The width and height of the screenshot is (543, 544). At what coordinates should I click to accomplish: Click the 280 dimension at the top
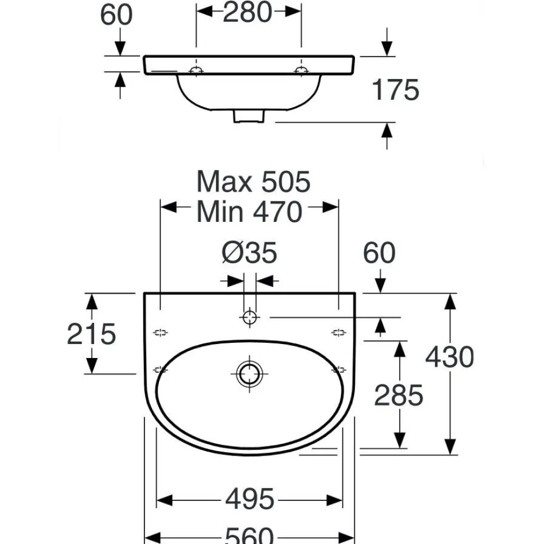pos(247,12)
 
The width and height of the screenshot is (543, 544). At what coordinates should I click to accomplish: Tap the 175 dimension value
pos(395,90)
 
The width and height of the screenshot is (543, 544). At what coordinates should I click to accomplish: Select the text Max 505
pos(253,182)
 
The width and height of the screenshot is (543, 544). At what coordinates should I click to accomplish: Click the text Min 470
pos(249,212)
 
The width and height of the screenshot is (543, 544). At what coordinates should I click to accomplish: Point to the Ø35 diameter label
pos(249,252)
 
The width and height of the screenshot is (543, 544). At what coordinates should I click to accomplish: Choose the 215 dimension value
pos(91,334)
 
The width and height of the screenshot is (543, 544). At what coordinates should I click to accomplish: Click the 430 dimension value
pos(450,357)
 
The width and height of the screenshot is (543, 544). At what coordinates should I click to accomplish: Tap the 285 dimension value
pos(399,395)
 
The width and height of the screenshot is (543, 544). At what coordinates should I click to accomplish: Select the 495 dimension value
pos(250,499)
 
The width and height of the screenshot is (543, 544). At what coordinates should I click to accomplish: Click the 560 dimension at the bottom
pos(250,536)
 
